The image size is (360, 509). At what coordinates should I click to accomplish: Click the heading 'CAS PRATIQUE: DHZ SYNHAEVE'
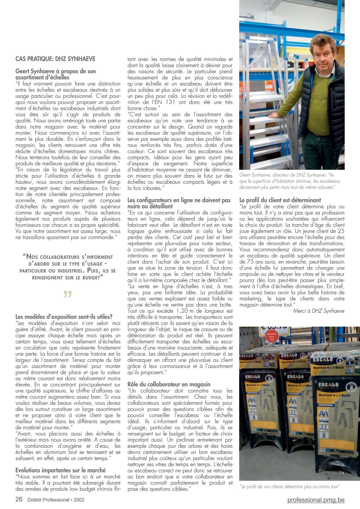pyautogui.click(x=55, y=59)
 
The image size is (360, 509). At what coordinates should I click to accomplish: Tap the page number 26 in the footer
pyautogui.click(x=19, y=499)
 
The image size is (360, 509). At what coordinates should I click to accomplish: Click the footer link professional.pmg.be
pyautogui.click(x=316, y=499)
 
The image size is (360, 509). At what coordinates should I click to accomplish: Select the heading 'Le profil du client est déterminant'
pyautogui.click(x=280, y=200)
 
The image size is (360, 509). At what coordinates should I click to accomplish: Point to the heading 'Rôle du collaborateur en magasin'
pyautogui.click(x=169, y=384)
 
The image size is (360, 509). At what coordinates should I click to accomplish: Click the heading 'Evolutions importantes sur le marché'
pyautogui.click(x=61, y=470)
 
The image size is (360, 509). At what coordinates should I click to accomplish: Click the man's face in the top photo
pyautogui.click(x=322, y=56)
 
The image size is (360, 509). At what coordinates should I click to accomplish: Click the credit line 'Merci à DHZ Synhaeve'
pyautogui.click(x=318, y=311)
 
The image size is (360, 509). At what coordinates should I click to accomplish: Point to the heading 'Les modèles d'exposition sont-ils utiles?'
pyautogui.click(x=64, y=317)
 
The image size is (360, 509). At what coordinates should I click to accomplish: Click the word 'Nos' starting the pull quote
pyautogui.click(x=32, y=257)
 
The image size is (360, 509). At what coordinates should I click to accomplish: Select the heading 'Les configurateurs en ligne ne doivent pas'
pyautogui.click(x=179, y=200)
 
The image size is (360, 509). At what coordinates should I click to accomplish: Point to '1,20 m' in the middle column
pyautogui.click(x=186, y=311)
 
